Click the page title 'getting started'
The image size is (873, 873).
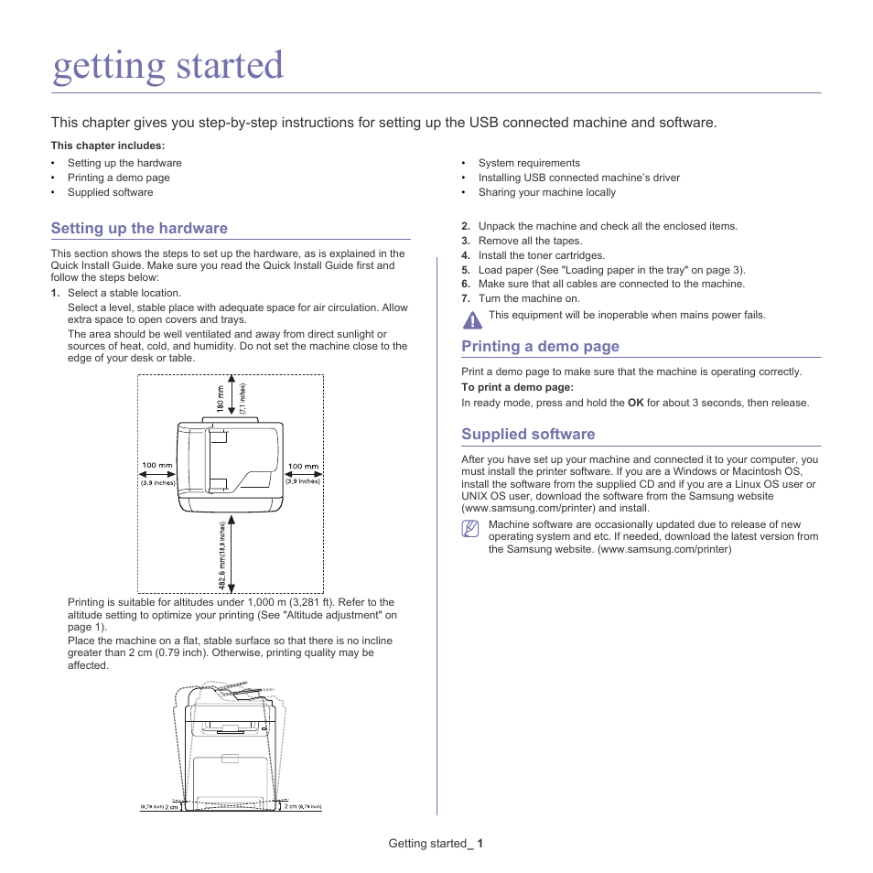[168, 67]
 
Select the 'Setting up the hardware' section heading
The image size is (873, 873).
[139, 228]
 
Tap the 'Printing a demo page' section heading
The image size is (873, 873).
[540, 346]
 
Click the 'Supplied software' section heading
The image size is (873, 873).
[528, 434]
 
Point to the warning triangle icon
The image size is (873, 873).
[471, 319]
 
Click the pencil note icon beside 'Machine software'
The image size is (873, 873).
[470, 529]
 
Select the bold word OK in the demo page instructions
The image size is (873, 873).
[635, 403]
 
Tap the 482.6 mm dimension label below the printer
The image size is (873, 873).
[221, 555]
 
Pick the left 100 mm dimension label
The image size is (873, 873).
[157, 466]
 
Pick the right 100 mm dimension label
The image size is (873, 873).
[303, 466]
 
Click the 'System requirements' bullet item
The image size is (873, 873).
[529, 163]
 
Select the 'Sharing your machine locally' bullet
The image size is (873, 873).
[546, 192]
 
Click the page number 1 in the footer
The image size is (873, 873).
[480, 843]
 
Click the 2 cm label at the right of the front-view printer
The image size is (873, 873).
[290, 806]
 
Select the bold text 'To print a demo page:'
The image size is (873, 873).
[516, 387]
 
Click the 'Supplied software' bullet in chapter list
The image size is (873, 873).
[110, 192]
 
